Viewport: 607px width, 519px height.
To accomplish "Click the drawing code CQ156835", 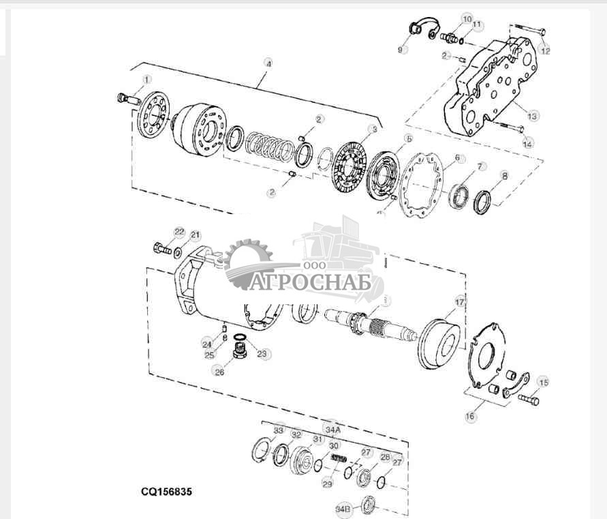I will click(166, 490).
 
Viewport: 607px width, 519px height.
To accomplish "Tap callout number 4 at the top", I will click(269, 63).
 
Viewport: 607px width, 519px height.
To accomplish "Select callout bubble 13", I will click(532, 116).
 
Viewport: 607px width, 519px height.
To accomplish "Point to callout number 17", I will click(461, 301).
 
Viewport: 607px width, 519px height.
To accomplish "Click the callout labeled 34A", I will click(332, 429).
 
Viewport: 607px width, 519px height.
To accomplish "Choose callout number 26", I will click(219, 372).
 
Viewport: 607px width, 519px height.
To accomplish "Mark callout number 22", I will click(178, 232).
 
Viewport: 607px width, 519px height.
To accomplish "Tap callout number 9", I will click(401, 49).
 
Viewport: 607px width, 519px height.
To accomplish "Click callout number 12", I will click(544, 50).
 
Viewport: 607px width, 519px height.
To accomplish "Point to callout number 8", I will click(504, 175).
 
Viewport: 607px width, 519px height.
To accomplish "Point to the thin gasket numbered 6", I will click(422, 183).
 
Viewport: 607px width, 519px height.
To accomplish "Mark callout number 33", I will click(278, 430).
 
